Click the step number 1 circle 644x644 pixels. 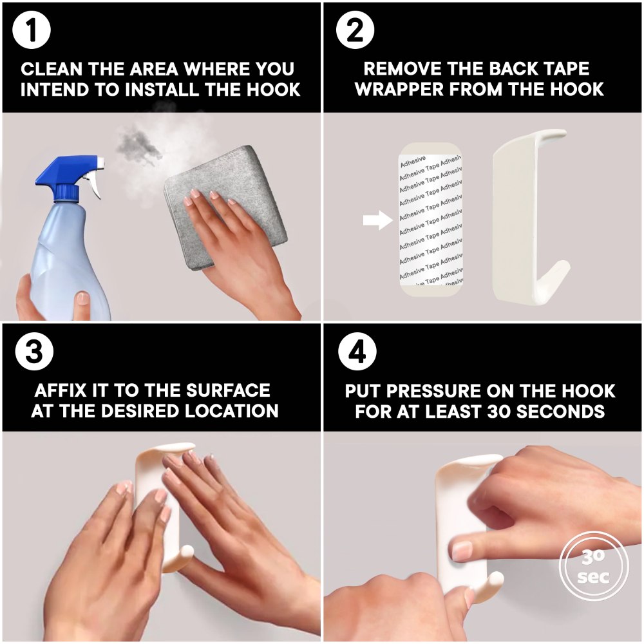click(32, 30)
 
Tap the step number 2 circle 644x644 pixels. click(355, 30)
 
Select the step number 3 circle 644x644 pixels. click(34, 352)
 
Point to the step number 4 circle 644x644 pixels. click(357, 352)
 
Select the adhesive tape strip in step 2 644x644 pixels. click(430, 220)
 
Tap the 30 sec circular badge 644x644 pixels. click(594, 565)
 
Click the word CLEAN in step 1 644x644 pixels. click(52, 69)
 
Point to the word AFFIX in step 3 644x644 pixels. click(61, 390)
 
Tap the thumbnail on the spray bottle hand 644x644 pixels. click(83, 298)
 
